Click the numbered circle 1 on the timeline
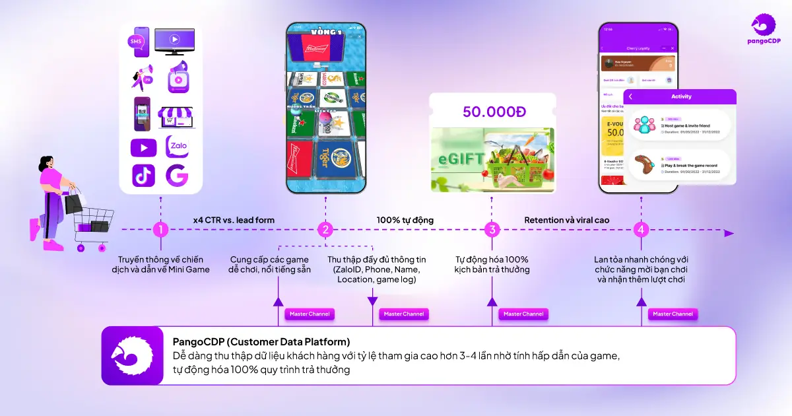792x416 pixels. point(160,230)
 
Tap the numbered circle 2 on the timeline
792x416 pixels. point(325,230)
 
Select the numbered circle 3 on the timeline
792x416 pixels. point(492,230)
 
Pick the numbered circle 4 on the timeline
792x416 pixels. point(641,230)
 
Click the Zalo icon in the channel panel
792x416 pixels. point(177,146)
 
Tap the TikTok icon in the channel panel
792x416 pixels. point(143,176)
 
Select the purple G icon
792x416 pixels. point(177,176)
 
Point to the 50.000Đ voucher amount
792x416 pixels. point(494,112)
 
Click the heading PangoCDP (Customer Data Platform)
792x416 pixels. point(261,342)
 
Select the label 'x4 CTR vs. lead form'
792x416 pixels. point(234,220)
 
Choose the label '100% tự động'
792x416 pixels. point(405,220)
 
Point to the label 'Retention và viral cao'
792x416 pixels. point(567,220)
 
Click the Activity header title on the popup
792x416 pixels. point(681,96)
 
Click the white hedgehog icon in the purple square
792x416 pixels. point(132,355)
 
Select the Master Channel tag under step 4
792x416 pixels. point(673,314)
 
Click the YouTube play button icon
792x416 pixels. point(143,146)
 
